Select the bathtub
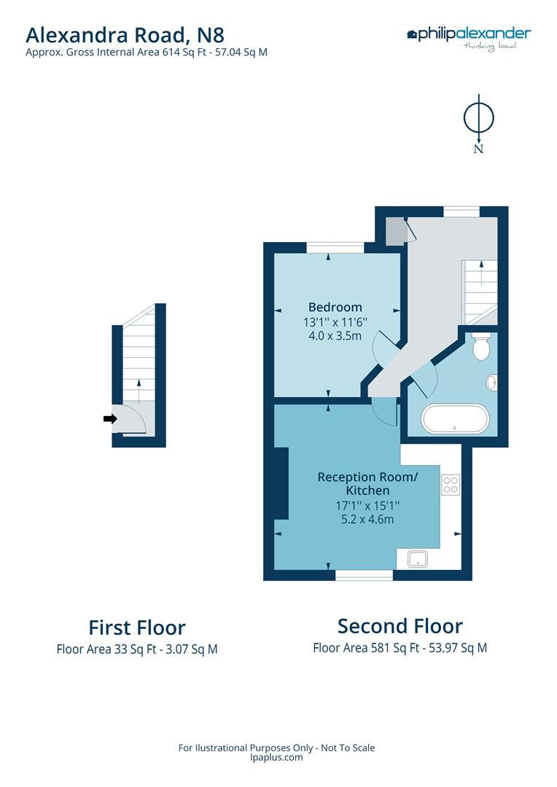click(x=455, y=419)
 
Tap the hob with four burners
click(x=450, y=485)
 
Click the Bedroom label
click(x=335, y=307)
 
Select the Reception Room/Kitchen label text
click(x=357, y=484)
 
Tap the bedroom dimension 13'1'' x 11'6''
click(x=335, y=321)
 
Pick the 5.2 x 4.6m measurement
click(x=357, y=520)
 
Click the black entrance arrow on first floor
click(x=110, y=418)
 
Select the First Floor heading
click(x=137, y=627)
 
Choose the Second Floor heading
click(x=400, y=626)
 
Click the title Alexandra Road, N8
click(x=125, y=34)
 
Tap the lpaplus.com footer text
click(x=276, y=757)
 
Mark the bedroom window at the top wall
click(x=335, y=248)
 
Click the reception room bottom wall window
click(x=364, y=575)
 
